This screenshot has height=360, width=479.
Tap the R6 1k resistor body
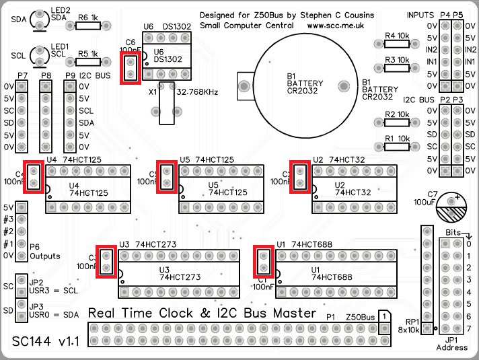tap(87, 26)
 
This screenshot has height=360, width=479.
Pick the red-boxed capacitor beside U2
tap(301, 177)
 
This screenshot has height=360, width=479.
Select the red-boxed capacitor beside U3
tap(106, 262)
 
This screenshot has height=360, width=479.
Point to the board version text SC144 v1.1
tap(46, 341)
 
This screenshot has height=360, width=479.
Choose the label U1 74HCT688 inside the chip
tap(332, 273)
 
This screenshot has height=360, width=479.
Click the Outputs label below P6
tap(45, 256)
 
